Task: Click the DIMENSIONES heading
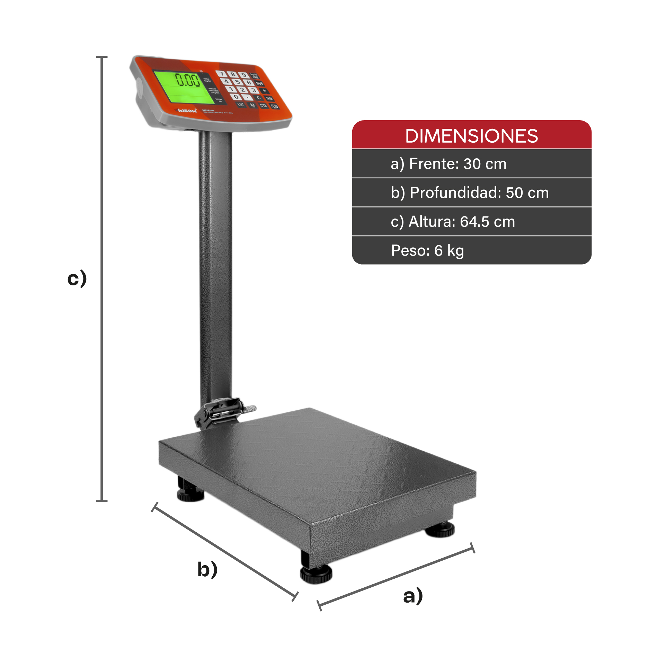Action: (x=471, y=136)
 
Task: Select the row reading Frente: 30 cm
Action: (x=448, y=164)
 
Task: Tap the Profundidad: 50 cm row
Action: (x=470, y=193)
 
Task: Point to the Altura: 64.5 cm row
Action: (x=453, y=222)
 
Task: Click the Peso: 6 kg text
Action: (x=427, y=251)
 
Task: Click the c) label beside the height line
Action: (x=77, y=278)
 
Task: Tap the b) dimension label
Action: (x=207, y=569)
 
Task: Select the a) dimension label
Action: (x=413, y=596)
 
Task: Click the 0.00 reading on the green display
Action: (x=188, y=80)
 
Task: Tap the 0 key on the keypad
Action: (x=236, y=97)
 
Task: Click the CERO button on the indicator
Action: (x=274, y=106)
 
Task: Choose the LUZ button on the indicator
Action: (x=241, y=105)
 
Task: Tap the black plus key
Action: (x=264, y=91)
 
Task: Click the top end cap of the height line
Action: (x=101, y=57)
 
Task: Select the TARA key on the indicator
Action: (x=269, y=99)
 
